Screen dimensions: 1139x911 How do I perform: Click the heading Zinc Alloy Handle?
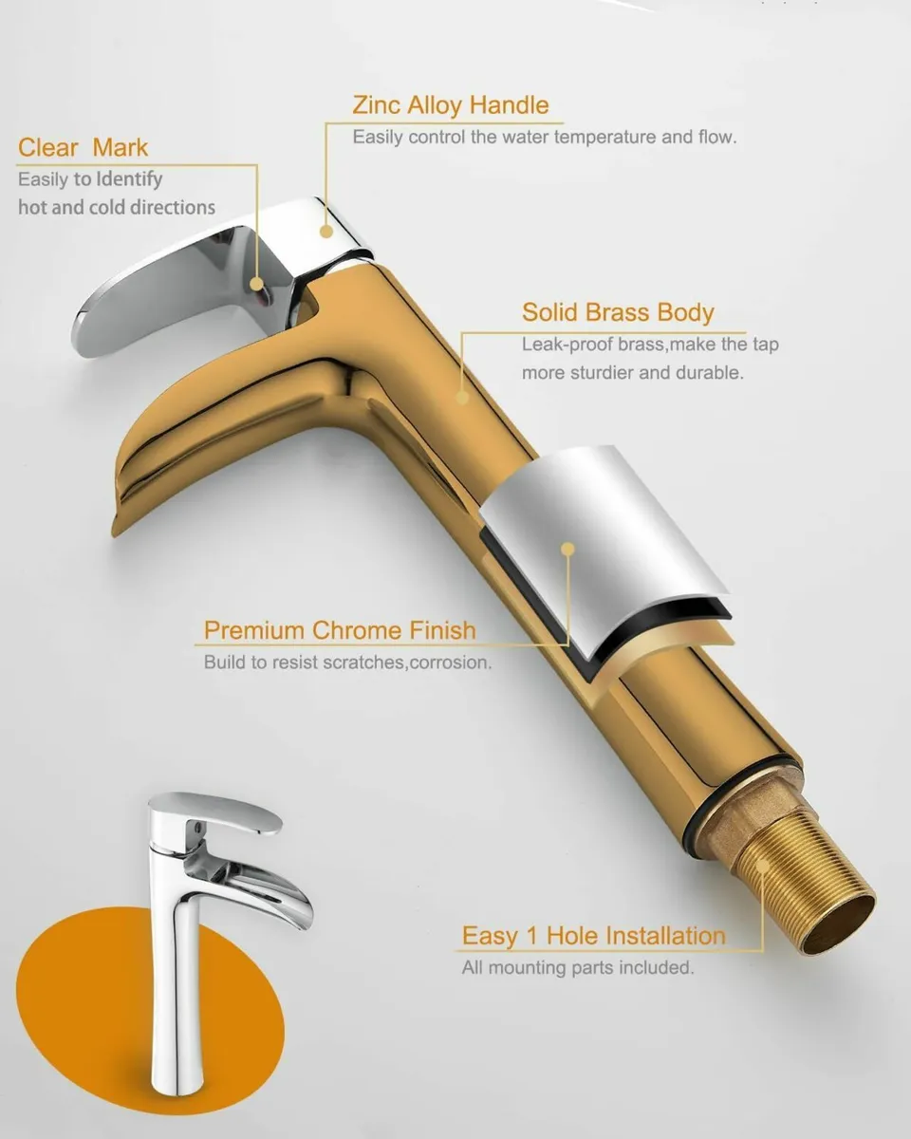tap(450, 105)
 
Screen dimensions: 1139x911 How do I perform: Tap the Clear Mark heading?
tap(84, 148)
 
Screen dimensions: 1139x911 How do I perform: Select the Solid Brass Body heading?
tap(618, 313)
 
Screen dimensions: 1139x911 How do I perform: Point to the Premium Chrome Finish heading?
tap(340, 630)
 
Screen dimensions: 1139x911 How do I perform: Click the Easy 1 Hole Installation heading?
tap(593, 937)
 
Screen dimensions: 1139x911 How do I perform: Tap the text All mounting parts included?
tap(577, 968)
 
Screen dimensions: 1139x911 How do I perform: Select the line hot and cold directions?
tap(116, 207)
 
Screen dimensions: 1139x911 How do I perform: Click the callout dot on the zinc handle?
tap(326, 230)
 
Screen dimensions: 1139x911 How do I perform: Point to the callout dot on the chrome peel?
tap(567, 549)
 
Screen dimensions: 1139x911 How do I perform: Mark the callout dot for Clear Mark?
tap(256, 282)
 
